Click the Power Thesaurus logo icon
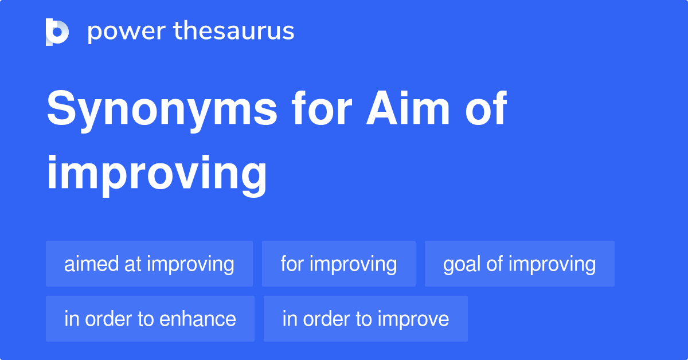57,32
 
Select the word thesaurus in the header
234,32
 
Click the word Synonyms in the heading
162,110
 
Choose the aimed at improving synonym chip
149,264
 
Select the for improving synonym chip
338,264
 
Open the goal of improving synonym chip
519,264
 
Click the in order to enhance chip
150,319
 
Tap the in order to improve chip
365,319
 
